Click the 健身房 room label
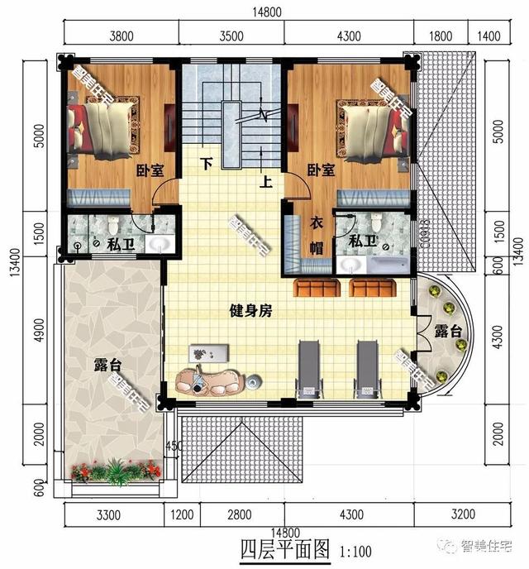click(250, 312)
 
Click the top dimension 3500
click(231, 36)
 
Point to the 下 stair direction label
click(207, 164)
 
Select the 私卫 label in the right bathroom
click(361, 241)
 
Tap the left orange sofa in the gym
click(316, 288)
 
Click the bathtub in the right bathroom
click(388, 264)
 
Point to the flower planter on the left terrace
click(116, 472)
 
